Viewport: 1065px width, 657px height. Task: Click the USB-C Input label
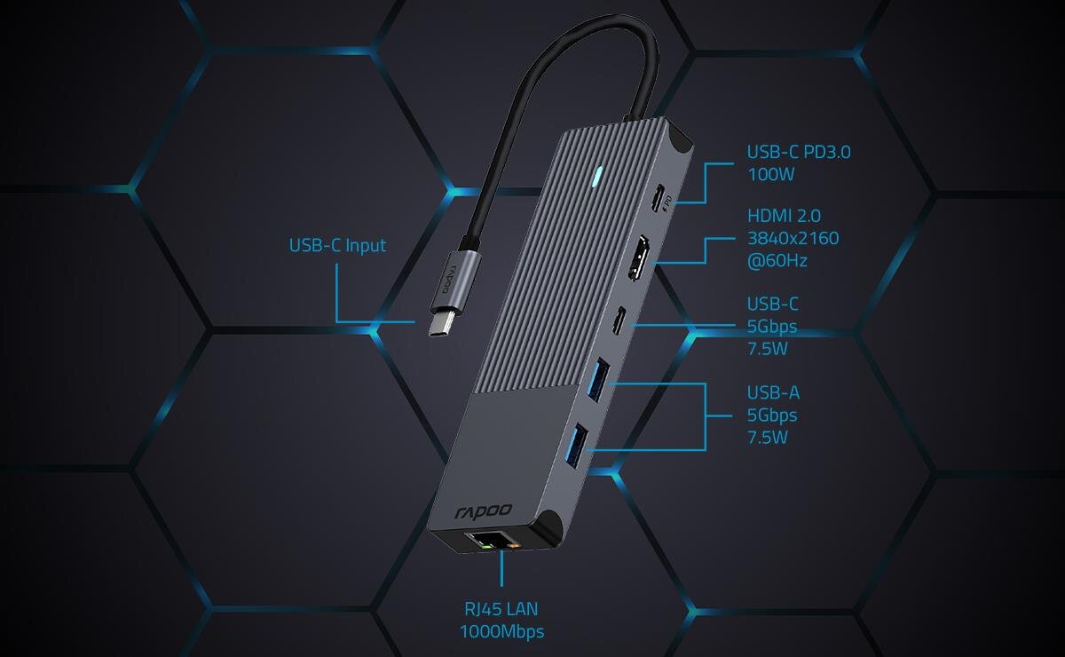pos(337,245)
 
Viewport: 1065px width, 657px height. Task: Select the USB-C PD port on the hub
pos(659,199)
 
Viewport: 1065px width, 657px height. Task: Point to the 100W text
pos(769,174)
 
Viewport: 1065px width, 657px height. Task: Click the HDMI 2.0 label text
pos(784,215)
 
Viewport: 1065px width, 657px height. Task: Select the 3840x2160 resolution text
pos(793,238)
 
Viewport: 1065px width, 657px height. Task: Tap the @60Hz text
pos(777,261)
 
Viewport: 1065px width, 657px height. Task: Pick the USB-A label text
pos(773,392)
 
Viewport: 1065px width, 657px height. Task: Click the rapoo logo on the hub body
pos(484,511)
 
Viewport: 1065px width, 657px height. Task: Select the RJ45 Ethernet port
pos(491,540)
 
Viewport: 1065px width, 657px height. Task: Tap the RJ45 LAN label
pos(501,609)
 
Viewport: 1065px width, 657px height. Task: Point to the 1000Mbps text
pos(501,631)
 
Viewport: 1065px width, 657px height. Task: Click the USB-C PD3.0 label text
pos(799,152)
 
